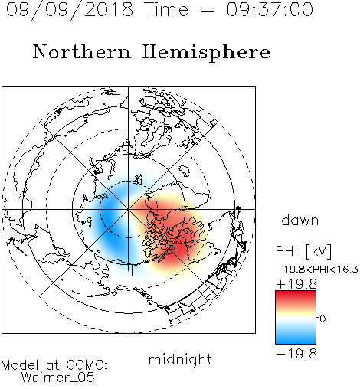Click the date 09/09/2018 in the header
pos(70,10)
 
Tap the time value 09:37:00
pos(270,9)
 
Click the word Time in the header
pos(166,9)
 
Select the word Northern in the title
pos(82,51)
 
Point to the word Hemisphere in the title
pos(206,53)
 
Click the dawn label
pos(300,220)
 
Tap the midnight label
pos(180,360)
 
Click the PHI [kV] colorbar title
pos(303,251)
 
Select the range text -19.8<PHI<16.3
pos(317,270)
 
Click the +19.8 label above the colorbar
pos(296,284)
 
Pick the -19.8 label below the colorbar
pos(296,354)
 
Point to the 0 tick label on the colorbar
pos(322,319)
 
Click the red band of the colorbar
pos(296,297)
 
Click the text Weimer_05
pos(58,378)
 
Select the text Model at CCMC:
pos(54,365)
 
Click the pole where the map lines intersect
pos(129,209)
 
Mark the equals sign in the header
pos(208,11)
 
